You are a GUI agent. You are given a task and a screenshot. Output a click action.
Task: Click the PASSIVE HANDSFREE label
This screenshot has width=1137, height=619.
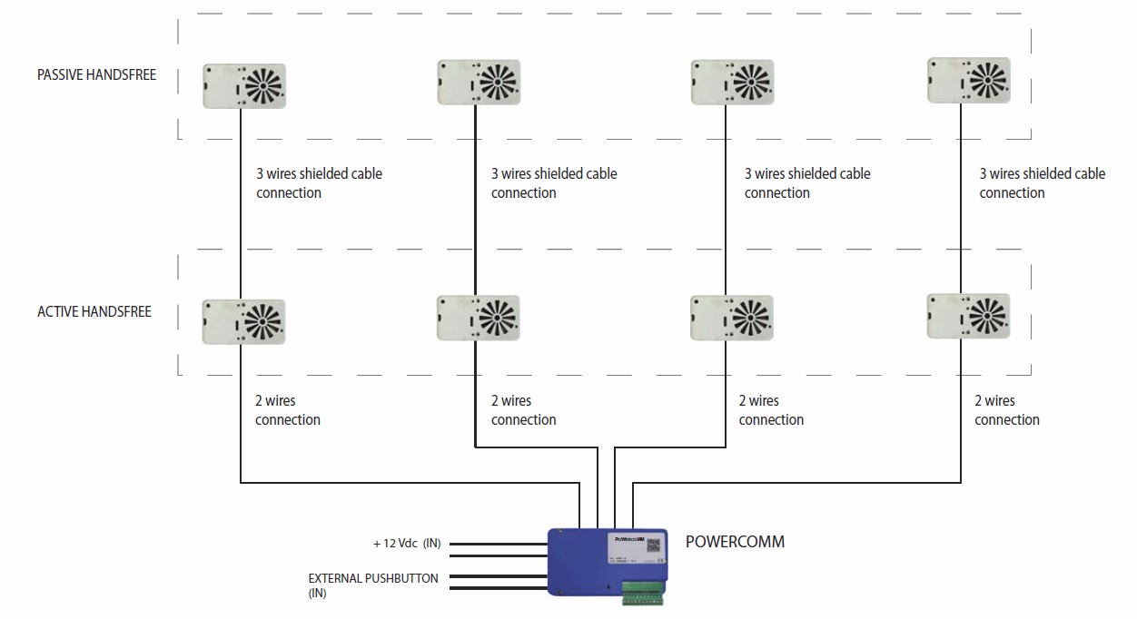[x=96, y=75]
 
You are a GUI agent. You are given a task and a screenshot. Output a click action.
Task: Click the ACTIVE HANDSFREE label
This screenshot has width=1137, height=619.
[x=94, y=312]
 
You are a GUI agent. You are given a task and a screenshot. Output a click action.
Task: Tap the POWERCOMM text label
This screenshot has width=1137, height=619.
[x=736, y=542]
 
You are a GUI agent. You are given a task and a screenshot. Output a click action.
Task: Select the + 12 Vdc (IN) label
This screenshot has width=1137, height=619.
[x=407, y=544]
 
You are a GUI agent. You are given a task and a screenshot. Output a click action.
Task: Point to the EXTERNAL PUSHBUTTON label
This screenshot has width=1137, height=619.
[x=373, y=578]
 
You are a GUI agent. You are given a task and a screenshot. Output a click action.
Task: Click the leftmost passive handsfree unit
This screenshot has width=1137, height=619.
[x=244, y=86]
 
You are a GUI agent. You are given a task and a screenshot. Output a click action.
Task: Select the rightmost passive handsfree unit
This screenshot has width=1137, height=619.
[x=968, y=81]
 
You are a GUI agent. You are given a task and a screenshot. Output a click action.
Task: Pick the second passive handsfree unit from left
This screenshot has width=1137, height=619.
[x=479, y=83]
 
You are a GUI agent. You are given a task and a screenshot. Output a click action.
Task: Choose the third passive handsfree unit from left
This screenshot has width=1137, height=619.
[x=731, y=83]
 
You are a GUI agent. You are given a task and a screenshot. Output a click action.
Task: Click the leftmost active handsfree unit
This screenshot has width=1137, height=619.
[x=244, y=321]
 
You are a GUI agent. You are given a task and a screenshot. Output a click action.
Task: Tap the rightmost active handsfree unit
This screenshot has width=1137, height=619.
[x=968, y=315]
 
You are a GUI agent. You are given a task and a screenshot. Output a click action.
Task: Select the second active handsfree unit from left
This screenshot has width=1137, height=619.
[x=479, y=318]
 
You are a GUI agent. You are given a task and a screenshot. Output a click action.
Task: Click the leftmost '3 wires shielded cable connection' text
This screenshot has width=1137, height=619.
[x=319, y=183]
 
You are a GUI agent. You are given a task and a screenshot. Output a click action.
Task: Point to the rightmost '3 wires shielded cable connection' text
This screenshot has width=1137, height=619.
[x=1042, y=183]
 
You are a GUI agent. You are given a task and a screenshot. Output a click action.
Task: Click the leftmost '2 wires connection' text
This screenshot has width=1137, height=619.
[x=288, y=410]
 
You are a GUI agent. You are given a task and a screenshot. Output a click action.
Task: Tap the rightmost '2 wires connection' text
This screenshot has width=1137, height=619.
[x=1007, y=410]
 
